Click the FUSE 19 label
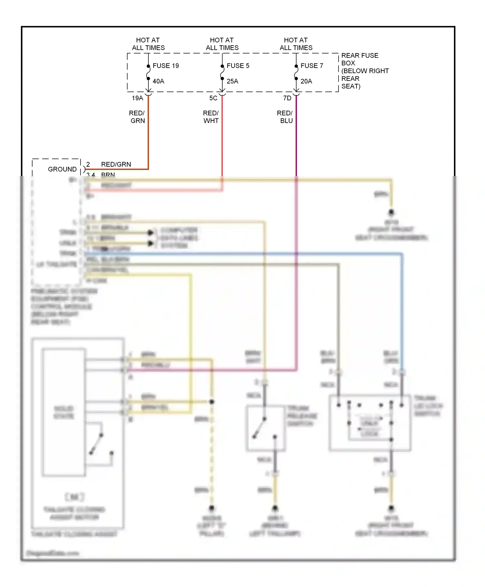(166, 66)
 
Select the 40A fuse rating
(158, 81)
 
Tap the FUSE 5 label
(238, 66)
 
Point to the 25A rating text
(232, 81)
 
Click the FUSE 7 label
(312, 66)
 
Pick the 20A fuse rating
(306, 81)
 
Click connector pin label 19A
(137, 98)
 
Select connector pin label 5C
(213, 98)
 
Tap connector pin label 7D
(287, 98)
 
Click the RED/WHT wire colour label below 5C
(211, 117)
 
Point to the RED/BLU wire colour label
(285, 117)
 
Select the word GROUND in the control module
(62, 169)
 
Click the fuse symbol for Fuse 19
(148, 72)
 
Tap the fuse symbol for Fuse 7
(296, 72)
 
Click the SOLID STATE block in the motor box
(64, 412)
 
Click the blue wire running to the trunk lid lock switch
(402, 307)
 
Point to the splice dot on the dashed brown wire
(212, 402)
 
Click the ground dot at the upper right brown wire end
(391, 212)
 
